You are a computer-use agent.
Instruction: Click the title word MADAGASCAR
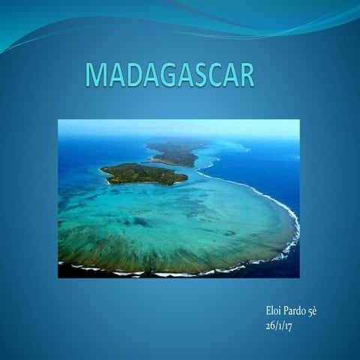(x=169, y=75)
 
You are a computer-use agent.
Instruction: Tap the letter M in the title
(x=96, y=75)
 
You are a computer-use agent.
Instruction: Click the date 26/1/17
(x=280, y=325)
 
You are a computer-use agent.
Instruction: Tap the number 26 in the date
(x=270, y=325)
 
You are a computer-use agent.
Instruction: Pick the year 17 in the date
(x=290, y=325)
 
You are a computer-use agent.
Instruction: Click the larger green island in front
(x=144, y=174)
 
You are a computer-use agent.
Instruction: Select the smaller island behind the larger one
(x=174, y=154)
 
